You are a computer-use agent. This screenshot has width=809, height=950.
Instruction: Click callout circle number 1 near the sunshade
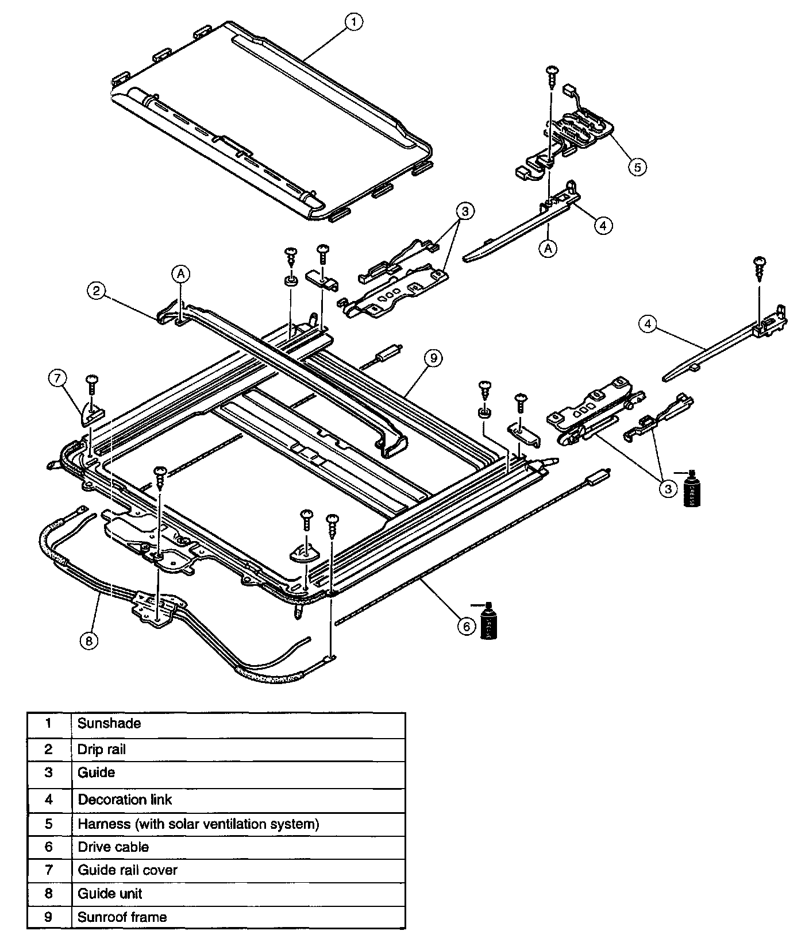tap(354, 22)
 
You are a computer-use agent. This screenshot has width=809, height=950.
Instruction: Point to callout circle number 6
tap(467, 626)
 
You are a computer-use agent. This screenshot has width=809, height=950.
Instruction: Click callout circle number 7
tap(58, 378)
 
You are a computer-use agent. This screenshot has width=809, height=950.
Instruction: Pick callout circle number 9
tap(433, 358)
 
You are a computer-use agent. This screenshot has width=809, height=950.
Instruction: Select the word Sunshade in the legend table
tap(109, 723)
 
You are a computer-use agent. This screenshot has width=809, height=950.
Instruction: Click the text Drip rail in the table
tap(101, 750)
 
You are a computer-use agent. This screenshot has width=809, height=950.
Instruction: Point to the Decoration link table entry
tap(125, 800)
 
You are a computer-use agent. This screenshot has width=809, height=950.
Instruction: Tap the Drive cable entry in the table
tap(113, 847)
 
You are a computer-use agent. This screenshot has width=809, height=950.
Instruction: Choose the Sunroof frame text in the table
tap(122, 917)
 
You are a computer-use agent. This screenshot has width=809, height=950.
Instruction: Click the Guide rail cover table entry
tap(128, 870)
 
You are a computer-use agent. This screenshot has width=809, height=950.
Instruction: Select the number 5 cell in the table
tap(49, 824)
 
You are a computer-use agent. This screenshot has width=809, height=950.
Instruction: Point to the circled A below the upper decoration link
tap(549, 248)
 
